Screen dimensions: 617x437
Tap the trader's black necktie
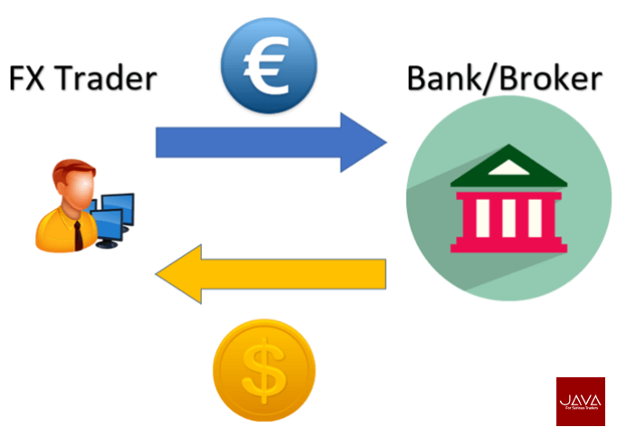click(x=78, y=233)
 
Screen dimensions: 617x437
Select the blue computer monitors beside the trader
click(x=113, y=215)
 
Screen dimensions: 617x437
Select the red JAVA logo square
click(x=580, y=401)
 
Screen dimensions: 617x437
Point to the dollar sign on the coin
click(x=263, y=369)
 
